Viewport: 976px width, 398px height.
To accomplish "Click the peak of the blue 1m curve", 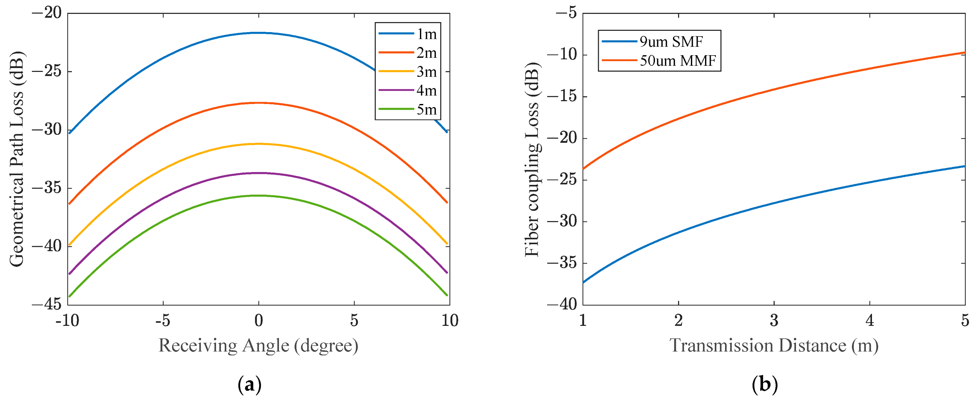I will (x=259, y=33).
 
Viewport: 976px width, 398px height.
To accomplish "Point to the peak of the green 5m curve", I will (x=259, y=195).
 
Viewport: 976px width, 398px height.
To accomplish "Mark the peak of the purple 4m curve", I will (x=259, y=173).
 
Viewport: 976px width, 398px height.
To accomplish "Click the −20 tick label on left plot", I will (x=46, y=13).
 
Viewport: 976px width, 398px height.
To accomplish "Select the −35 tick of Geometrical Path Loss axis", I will (x=46, y=188).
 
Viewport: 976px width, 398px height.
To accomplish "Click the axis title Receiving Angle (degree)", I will (x=258, y=346).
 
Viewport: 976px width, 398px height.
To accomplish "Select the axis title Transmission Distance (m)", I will (x=774, y=346).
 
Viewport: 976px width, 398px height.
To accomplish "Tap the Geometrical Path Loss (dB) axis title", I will (x=16, y=159).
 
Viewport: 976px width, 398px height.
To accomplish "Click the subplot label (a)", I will (x=249, y=385).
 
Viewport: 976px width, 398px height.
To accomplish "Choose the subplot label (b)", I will (x=764, y=385).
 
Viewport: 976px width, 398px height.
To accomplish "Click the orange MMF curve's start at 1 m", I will (x=583, y=169).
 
